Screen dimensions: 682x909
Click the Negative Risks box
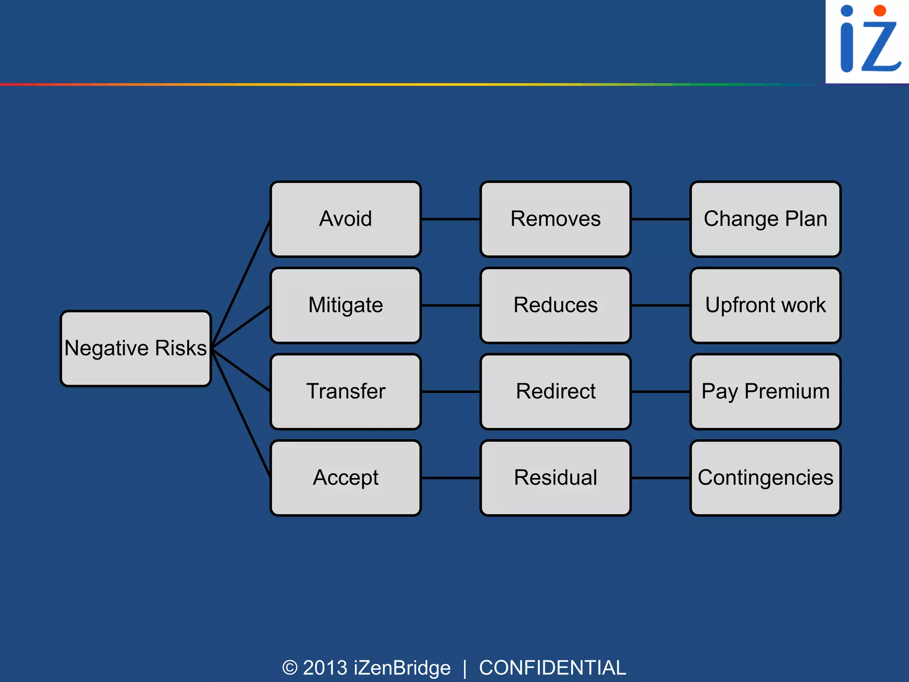[135, 349]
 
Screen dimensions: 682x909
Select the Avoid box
[345, 219]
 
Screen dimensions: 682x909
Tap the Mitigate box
[345, 305]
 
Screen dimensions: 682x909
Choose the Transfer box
[345, 392]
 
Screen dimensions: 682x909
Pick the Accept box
[345, 478]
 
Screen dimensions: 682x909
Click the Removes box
[555, 219]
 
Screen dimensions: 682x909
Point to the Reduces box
[555, 305]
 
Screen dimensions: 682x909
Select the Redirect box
[555, 392]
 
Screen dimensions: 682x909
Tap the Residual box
[555, 478]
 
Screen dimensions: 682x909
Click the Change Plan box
[765, 219]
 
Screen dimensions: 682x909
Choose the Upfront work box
[765, 305]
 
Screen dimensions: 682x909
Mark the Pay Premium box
[765, 392]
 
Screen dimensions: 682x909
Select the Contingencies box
[765, 478]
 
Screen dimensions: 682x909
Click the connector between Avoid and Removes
[450, 219]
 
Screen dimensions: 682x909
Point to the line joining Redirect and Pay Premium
[660, 392]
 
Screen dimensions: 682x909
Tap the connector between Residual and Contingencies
[660, 478]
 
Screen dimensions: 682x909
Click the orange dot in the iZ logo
[879, 11]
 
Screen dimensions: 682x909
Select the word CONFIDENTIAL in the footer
[552, 668]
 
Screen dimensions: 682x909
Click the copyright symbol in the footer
[290, 668]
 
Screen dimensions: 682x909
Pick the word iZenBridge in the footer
[402, 668]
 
